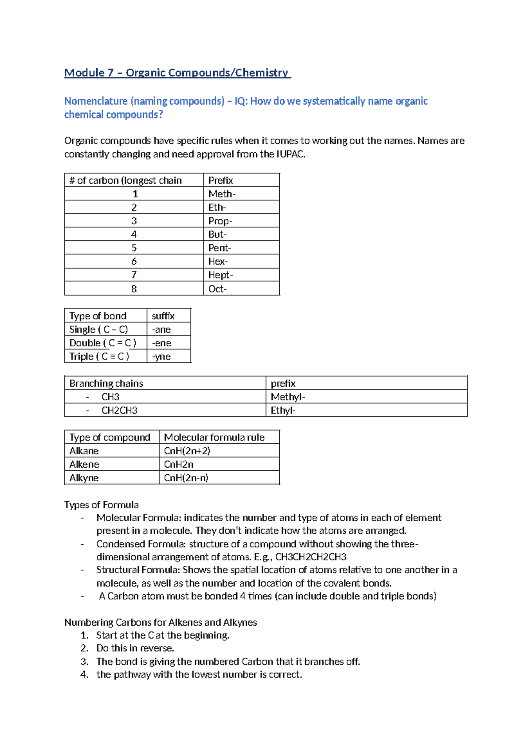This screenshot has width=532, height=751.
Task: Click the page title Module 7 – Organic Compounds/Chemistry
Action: (x=177, y=73)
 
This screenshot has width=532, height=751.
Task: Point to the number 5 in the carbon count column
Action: (x=134, y=248)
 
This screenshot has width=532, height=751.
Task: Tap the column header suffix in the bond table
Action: (x=163, y=316)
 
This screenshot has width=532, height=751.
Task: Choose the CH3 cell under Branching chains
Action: (x=110, y=397)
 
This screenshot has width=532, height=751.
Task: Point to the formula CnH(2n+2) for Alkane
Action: (x=187, y=451)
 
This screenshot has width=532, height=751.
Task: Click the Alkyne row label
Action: (x=84, y=478)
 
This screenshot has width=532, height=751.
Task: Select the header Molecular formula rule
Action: (x=214, y=437)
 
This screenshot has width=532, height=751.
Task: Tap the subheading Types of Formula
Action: (x=102, y=505)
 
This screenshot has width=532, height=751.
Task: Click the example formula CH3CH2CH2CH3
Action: (x=311, y=557)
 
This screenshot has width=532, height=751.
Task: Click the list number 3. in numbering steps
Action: (x=85, y=662)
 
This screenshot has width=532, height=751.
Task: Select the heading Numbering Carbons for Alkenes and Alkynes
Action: (x=160, y=622)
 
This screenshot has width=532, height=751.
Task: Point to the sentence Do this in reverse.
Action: (x=135, y=648)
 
